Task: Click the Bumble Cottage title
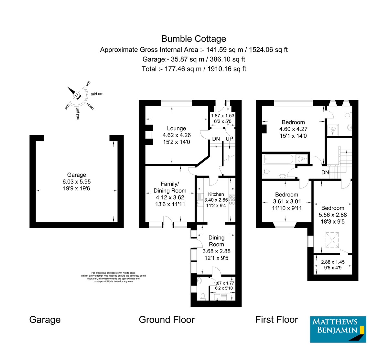coord(194,39)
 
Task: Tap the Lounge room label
coord(176,128)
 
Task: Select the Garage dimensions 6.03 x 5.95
coord(77,182)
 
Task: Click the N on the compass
coord(76,95)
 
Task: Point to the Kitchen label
coord(216,194)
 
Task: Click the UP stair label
coord(229,139)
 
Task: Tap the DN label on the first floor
coord(325,172)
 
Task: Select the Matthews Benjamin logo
coord(338,329)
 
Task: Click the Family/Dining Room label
coord(170,187)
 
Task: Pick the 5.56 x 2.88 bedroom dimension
coord(333,215)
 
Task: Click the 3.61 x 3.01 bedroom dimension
coord(286,201)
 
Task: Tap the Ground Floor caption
coord(167,320)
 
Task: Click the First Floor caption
coord(276,320)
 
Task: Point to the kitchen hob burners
coord(232,200)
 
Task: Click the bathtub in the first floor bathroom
coord(278,159)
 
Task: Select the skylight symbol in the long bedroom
coord(332,239)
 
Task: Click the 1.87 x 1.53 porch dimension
coord(222,115)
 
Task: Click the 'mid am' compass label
coord(97,94)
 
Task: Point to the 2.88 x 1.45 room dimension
coord(332,262)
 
